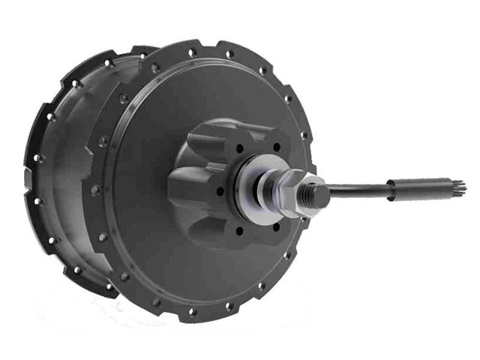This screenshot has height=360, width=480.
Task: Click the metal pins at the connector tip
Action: pyautogui.click(x=459, y=185)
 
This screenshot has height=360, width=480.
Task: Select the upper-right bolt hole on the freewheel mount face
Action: pyautogui.click(x=276, y=148)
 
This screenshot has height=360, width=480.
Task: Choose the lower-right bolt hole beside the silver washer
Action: pyautogui.click(x=275, y=226)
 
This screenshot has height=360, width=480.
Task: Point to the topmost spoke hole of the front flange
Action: pyautogui.click(x=230, y=53)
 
